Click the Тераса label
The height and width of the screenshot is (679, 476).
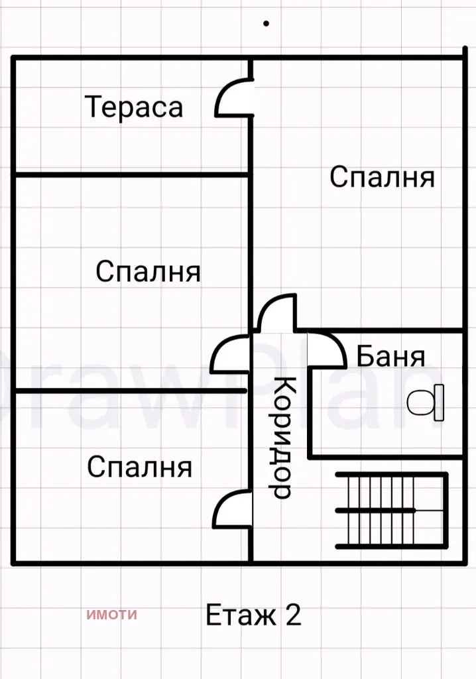134,107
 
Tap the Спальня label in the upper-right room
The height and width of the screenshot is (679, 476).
382,178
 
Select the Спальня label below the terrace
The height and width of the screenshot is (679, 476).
148,272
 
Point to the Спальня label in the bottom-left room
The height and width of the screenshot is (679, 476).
139,467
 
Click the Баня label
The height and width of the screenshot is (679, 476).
390,357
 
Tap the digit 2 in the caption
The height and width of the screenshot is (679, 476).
293,615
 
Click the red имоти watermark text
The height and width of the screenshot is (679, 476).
111,614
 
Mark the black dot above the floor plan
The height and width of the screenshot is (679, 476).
266,23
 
